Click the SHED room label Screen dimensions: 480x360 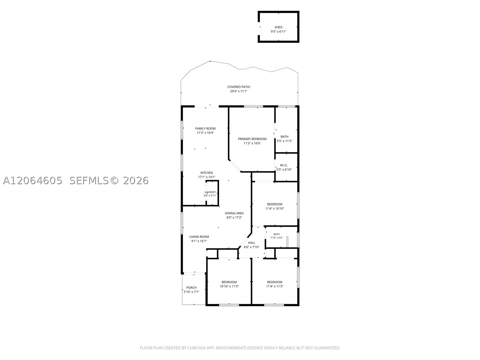[x=278, y=27]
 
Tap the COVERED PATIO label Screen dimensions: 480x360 [x=238, y=87]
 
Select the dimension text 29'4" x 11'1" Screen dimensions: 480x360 [x=238, y=91]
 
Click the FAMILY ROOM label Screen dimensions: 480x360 [x=205, y=128]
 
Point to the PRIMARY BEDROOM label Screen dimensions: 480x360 [x=252, y=139]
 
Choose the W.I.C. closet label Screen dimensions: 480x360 [x=284, y=165]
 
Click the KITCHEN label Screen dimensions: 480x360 [x=207, y=173]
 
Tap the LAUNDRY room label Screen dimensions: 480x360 [x=210, y=192]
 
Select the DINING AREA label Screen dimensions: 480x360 [x=234, y=213]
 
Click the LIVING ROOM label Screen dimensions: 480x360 [x=199, y=237]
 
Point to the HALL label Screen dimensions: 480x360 [x=251, y=243]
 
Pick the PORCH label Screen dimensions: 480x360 [x=191, y=288]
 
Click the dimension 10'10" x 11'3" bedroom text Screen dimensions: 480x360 [x=229, y=286]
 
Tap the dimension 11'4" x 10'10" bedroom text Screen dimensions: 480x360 [x=275, y=208]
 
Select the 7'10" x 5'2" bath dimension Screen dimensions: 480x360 [x=276, y=238]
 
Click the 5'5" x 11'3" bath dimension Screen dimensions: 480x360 [x=284, y=141]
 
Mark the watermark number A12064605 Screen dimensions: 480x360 [x=33, y=181]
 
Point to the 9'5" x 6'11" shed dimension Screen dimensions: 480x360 [x=278, y=31]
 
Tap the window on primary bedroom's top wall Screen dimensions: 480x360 [x=253, y=106]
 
